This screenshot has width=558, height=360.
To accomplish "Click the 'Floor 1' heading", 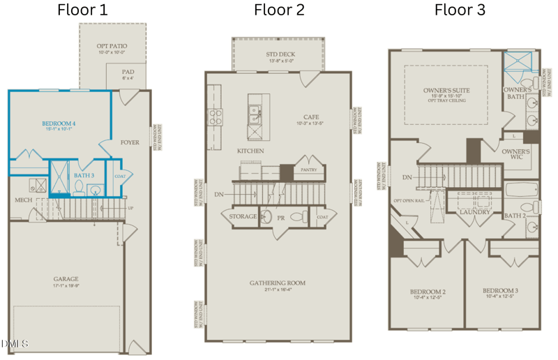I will tap(82, 10).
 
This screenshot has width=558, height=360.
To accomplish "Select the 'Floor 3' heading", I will tap(460, 10).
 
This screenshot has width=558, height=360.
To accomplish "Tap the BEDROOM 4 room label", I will tap(59, 123).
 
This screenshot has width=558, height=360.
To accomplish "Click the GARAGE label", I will tap(66, 279).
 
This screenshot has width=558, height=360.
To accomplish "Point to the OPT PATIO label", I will tap(112, 46).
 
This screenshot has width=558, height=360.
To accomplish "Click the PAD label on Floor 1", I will tap(128, 71).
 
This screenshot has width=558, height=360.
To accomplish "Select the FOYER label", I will tap(130, 142).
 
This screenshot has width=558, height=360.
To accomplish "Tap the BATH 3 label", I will tap(84, 175).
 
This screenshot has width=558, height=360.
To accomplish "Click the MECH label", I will tap(24, 200).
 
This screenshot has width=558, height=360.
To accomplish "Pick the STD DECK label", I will tap(279, 54).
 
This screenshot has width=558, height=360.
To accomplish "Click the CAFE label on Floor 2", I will tap(311, 117).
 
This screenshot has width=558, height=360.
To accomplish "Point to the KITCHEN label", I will tap(250, 151).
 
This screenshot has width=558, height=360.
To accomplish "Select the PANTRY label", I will tap(308, 170).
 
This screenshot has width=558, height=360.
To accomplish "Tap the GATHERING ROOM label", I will tap(278, 283).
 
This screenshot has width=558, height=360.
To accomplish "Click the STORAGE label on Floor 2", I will tap(243, 217).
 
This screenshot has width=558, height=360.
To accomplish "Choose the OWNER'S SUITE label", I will tap(446, 91).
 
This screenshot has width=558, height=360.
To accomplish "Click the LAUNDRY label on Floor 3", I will tap(475, 212).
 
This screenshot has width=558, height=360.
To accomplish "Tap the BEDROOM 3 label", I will tap(501, 290).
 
